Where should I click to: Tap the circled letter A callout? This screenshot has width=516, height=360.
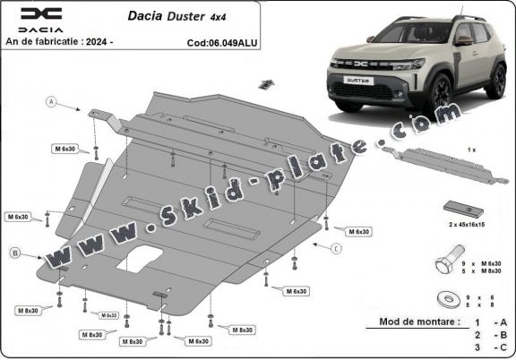(x=52, y=104)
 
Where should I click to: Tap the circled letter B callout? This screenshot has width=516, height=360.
(x=15, y=253)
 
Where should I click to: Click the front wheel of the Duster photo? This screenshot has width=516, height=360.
(x=441, y=92)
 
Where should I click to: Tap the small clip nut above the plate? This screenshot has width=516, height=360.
(x=266, y=84)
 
